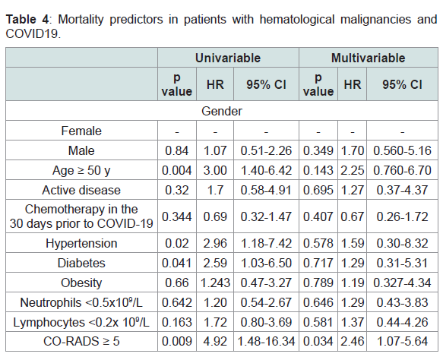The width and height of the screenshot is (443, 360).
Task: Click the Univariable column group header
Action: [228, 58]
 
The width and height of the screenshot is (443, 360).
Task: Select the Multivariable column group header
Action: [368, 58]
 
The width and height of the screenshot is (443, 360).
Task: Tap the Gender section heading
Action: [222, 111]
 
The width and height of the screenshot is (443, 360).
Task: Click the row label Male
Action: [81, 150]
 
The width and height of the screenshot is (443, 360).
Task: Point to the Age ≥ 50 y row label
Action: [81, 170]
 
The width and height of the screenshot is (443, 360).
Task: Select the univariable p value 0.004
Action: [177, 170]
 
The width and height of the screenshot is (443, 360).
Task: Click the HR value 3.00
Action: [215, 170]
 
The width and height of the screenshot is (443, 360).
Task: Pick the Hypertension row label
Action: [81, 243]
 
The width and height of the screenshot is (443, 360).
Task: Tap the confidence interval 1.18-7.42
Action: [266, 243]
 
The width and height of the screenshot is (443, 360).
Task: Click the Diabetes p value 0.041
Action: [177, 263]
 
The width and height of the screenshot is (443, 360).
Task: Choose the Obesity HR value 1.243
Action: [215, 283]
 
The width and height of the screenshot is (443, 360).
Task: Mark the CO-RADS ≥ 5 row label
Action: [81, 341]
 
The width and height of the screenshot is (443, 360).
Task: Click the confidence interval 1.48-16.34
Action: [266, 341]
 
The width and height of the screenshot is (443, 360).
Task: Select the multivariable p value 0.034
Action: [318, 341]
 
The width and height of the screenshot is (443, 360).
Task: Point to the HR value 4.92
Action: [215, 341]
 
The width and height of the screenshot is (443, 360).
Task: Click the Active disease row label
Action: [81, 190]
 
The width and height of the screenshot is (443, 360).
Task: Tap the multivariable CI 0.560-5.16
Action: [402, 150]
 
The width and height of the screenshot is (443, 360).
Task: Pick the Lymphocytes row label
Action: [81, 322]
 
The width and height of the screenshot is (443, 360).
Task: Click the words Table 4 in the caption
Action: [27, 20]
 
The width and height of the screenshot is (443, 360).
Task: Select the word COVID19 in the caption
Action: [32, 33]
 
